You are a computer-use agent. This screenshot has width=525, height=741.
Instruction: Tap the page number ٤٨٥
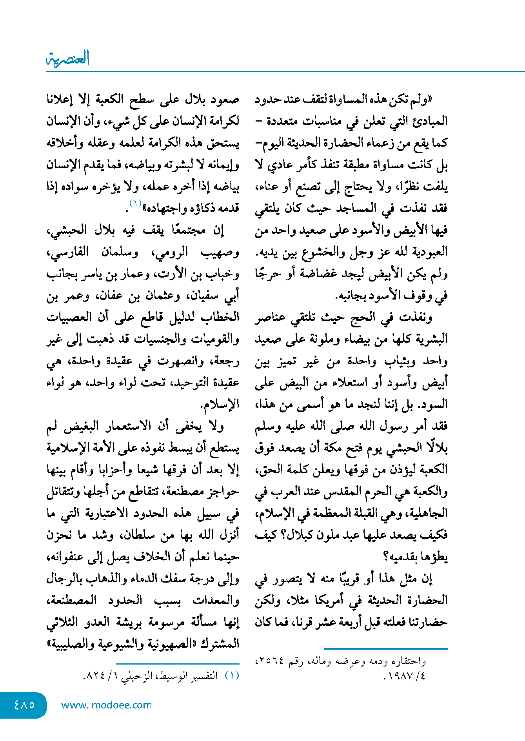click(24, 705)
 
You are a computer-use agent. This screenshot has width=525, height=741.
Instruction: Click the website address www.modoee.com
click(106, 705)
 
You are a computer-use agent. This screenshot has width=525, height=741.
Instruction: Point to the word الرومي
click(170, 252)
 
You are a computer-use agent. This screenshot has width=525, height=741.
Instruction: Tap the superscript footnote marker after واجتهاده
click(135, 203)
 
